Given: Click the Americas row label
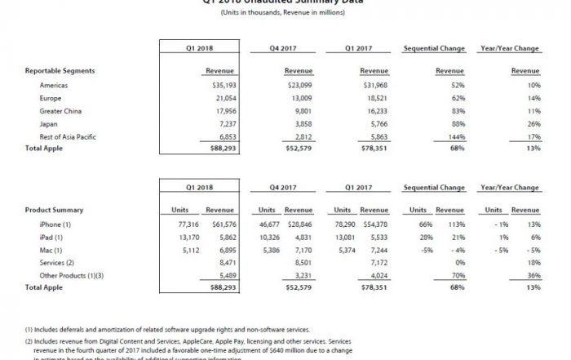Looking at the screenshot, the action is point(54,84).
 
